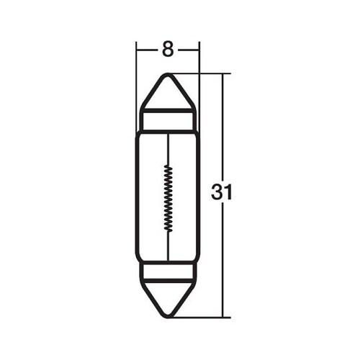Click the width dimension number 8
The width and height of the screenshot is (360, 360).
click(x=168, y=50)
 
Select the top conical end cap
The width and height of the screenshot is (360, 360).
click(x=168, y=94)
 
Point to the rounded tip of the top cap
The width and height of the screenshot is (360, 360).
click(x=168, y=74)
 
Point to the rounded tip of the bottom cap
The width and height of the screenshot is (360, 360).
click(x=168, y=315)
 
